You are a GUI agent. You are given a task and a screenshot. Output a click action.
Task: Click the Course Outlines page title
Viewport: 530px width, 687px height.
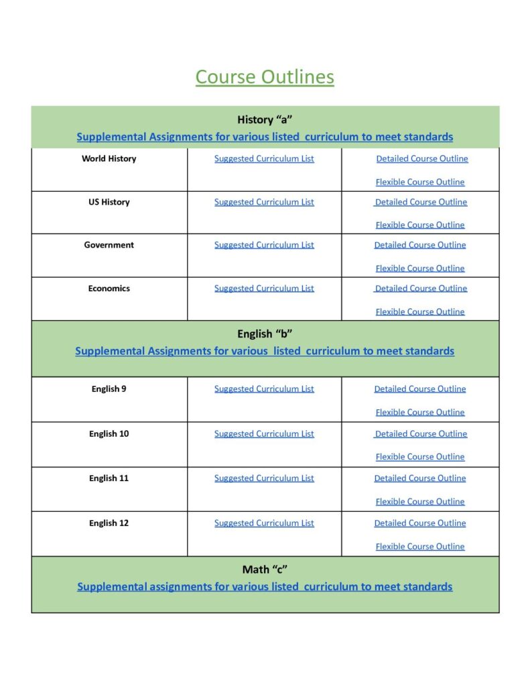tap(265, 77)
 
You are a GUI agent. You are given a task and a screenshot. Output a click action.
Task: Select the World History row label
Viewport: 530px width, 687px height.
tap(109, 159)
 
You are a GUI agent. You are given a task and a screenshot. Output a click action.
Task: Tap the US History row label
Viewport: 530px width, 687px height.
tap(109, 202)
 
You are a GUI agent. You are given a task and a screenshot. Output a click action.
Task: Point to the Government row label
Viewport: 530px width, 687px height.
tap(109, 245)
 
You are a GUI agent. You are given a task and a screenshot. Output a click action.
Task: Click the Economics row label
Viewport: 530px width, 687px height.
tap(109, 288)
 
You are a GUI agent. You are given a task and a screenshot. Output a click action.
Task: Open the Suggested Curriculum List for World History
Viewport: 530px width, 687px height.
tap(264, 159)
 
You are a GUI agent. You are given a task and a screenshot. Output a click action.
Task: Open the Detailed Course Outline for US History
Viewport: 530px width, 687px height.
tap(421, 202)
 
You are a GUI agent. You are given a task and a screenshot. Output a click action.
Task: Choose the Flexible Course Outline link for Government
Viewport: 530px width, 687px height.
tap(420, 268)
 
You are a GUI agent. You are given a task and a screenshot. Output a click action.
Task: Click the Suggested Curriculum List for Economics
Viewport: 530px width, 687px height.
tap(264, 288)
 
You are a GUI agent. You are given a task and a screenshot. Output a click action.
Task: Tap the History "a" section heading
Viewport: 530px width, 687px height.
tap(265, 120)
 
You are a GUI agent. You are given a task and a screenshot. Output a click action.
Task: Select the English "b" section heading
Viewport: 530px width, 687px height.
tap(265, 334)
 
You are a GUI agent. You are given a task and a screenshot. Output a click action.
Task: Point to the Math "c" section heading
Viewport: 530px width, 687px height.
tap(265, 570)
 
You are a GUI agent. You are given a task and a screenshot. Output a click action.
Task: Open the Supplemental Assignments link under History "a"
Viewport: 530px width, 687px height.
tap(265, 137)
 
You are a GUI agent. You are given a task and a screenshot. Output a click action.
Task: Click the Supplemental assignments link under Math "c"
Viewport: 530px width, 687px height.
tap(265, 587)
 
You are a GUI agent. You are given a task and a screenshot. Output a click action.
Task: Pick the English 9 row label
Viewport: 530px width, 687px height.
tap(109, 389)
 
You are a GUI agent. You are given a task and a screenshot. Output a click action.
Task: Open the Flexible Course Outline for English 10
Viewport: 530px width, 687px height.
tap(420, 457)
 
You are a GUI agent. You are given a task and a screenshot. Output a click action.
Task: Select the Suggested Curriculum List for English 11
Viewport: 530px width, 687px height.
tap(264, 478)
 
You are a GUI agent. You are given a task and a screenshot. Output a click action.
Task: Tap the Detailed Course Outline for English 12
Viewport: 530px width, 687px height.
tap(420, 523)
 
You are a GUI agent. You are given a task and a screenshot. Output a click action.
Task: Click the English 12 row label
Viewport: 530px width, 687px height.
tap(109, 523)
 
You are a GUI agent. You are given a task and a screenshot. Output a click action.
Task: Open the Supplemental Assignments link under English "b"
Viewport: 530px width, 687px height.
tap(265, 351)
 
